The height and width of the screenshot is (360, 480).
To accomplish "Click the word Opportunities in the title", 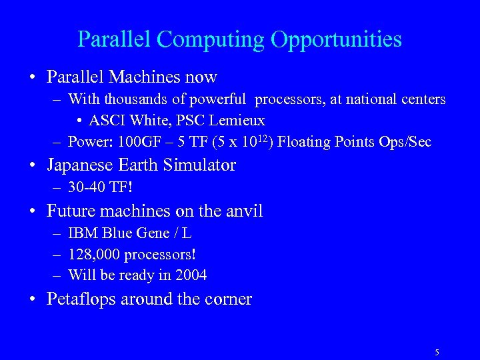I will point(336,39).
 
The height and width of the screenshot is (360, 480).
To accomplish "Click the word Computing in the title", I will point(211,39).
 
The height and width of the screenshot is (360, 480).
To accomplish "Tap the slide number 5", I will point(437,352).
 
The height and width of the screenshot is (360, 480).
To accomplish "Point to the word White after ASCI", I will point(150,121).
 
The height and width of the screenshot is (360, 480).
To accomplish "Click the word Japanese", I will point(79,165).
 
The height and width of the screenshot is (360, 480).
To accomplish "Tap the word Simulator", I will point(198,165).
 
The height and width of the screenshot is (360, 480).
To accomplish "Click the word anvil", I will point(243,211).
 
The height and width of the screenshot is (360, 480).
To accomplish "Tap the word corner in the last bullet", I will point(227,299).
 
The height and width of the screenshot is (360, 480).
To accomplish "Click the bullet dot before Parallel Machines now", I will point(33,77).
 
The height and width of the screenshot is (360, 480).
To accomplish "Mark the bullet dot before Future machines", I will point(33,212).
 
